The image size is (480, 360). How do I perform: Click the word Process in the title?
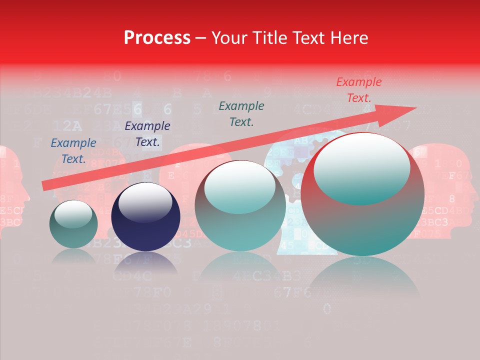click(x=157, y=38)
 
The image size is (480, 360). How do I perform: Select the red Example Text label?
click(x=358, y=90)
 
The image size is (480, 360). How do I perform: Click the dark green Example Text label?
click(x=241, y=114)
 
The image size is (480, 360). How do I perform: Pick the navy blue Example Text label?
click(x=147, y=134)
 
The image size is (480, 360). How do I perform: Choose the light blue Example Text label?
click(x=73, y=151)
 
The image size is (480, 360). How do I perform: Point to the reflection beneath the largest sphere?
click(x=362, y=277)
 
